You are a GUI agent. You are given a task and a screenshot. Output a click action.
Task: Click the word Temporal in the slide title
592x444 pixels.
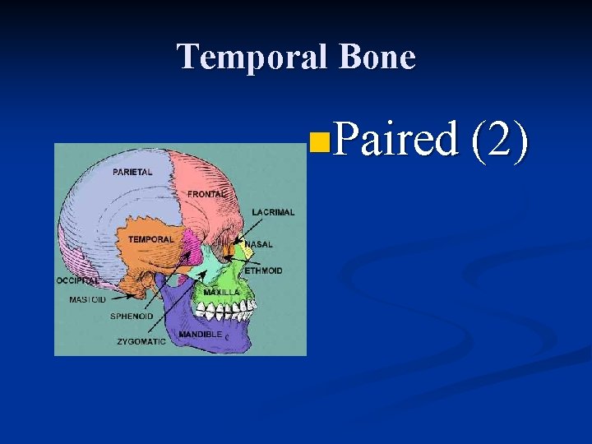(x=243, y=57)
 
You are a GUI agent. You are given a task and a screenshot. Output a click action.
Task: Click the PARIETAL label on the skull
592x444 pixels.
(x=132, y=173)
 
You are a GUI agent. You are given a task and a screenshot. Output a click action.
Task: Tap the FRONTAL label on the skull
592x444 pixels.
(x=207, y=194)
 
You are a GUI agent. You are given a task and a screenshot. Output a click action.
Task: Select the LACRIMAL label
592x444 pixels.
(x=273, y=212)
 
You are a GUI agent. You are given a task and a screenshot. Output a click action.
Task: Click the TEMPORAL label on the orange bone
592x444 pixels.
(x=150, y=239)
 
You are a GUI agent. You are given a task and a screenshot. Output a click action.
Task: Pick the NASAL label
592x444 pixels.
(x=258, y=244)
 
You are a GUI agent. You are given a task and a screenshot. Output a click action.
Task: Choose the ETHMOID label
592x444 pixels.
(x=263, y=271)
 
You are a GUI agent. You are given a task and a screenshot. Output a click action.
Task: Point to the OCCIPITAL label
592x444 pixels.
(x=77, y=280)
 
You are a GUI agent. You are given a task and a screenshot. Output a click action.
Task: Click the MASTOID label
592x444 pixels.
(x=87, y=300)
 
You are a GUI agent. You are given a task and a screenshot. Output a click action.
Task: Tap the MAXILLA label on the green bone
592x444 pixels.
(x=222, y=292)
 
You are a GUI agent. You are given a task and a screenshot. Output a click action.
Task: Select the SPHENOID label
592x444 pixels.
(x=132, y=316)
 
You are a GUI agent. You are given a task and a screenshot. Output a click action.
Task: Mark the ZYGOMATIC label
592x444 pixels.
(x=141, y=340)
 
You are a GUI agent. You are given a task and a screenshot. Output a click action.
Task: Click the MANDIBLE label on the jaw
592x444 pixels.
(x=200, y=335)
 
